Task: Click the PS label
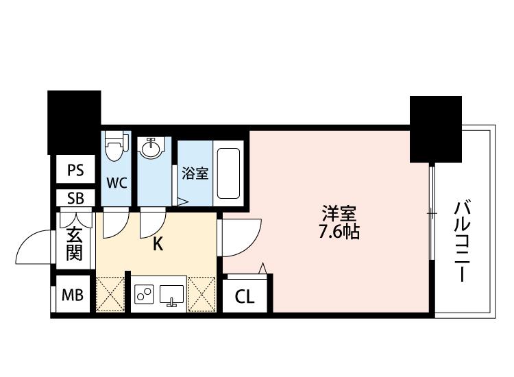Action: pos(75,170)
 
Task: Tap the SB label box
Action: pos(75,198)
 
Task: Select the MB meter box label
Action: pos(73,295)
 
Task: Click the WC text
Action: pos(117,183)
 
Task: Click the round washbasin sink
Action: pos(151,149)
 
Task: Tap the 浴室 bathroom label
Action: pos(195,173)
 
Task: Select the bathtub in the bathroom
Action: pos(228,173)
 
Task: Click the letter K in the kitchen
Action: pos(158,244)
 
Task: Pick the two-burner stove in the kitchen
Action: pos(144,294)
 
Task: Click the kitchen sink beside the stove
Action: pos(171,294)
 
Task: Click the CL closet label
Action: pos(245,297)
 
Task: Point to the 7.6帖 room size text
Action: pos(339,232)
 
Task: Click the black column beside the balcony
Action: pos(436,129)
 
